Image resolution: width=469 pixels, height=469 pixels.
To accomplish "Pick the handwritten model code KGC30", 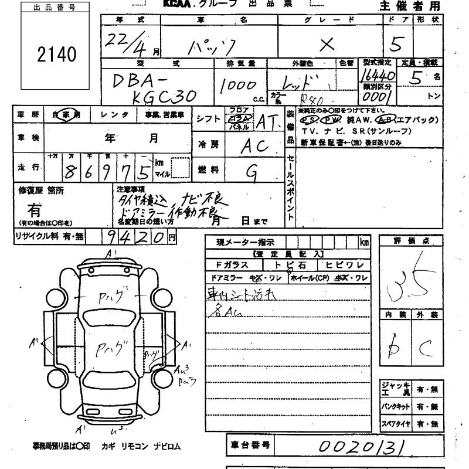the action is pyautogui.click(x=163, y=97).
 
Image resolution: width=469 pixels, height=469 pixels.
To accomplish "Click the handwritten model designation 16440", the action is pyautogui.click(x=378, y=76).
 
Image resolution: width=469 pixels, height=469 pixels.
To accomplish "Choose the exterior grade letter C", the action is pyautogui.click(x=426, y=350).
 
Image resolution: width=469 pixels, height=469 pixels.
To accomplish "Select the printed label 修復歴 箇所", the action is pyautogui.click(x=41, y=191).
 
